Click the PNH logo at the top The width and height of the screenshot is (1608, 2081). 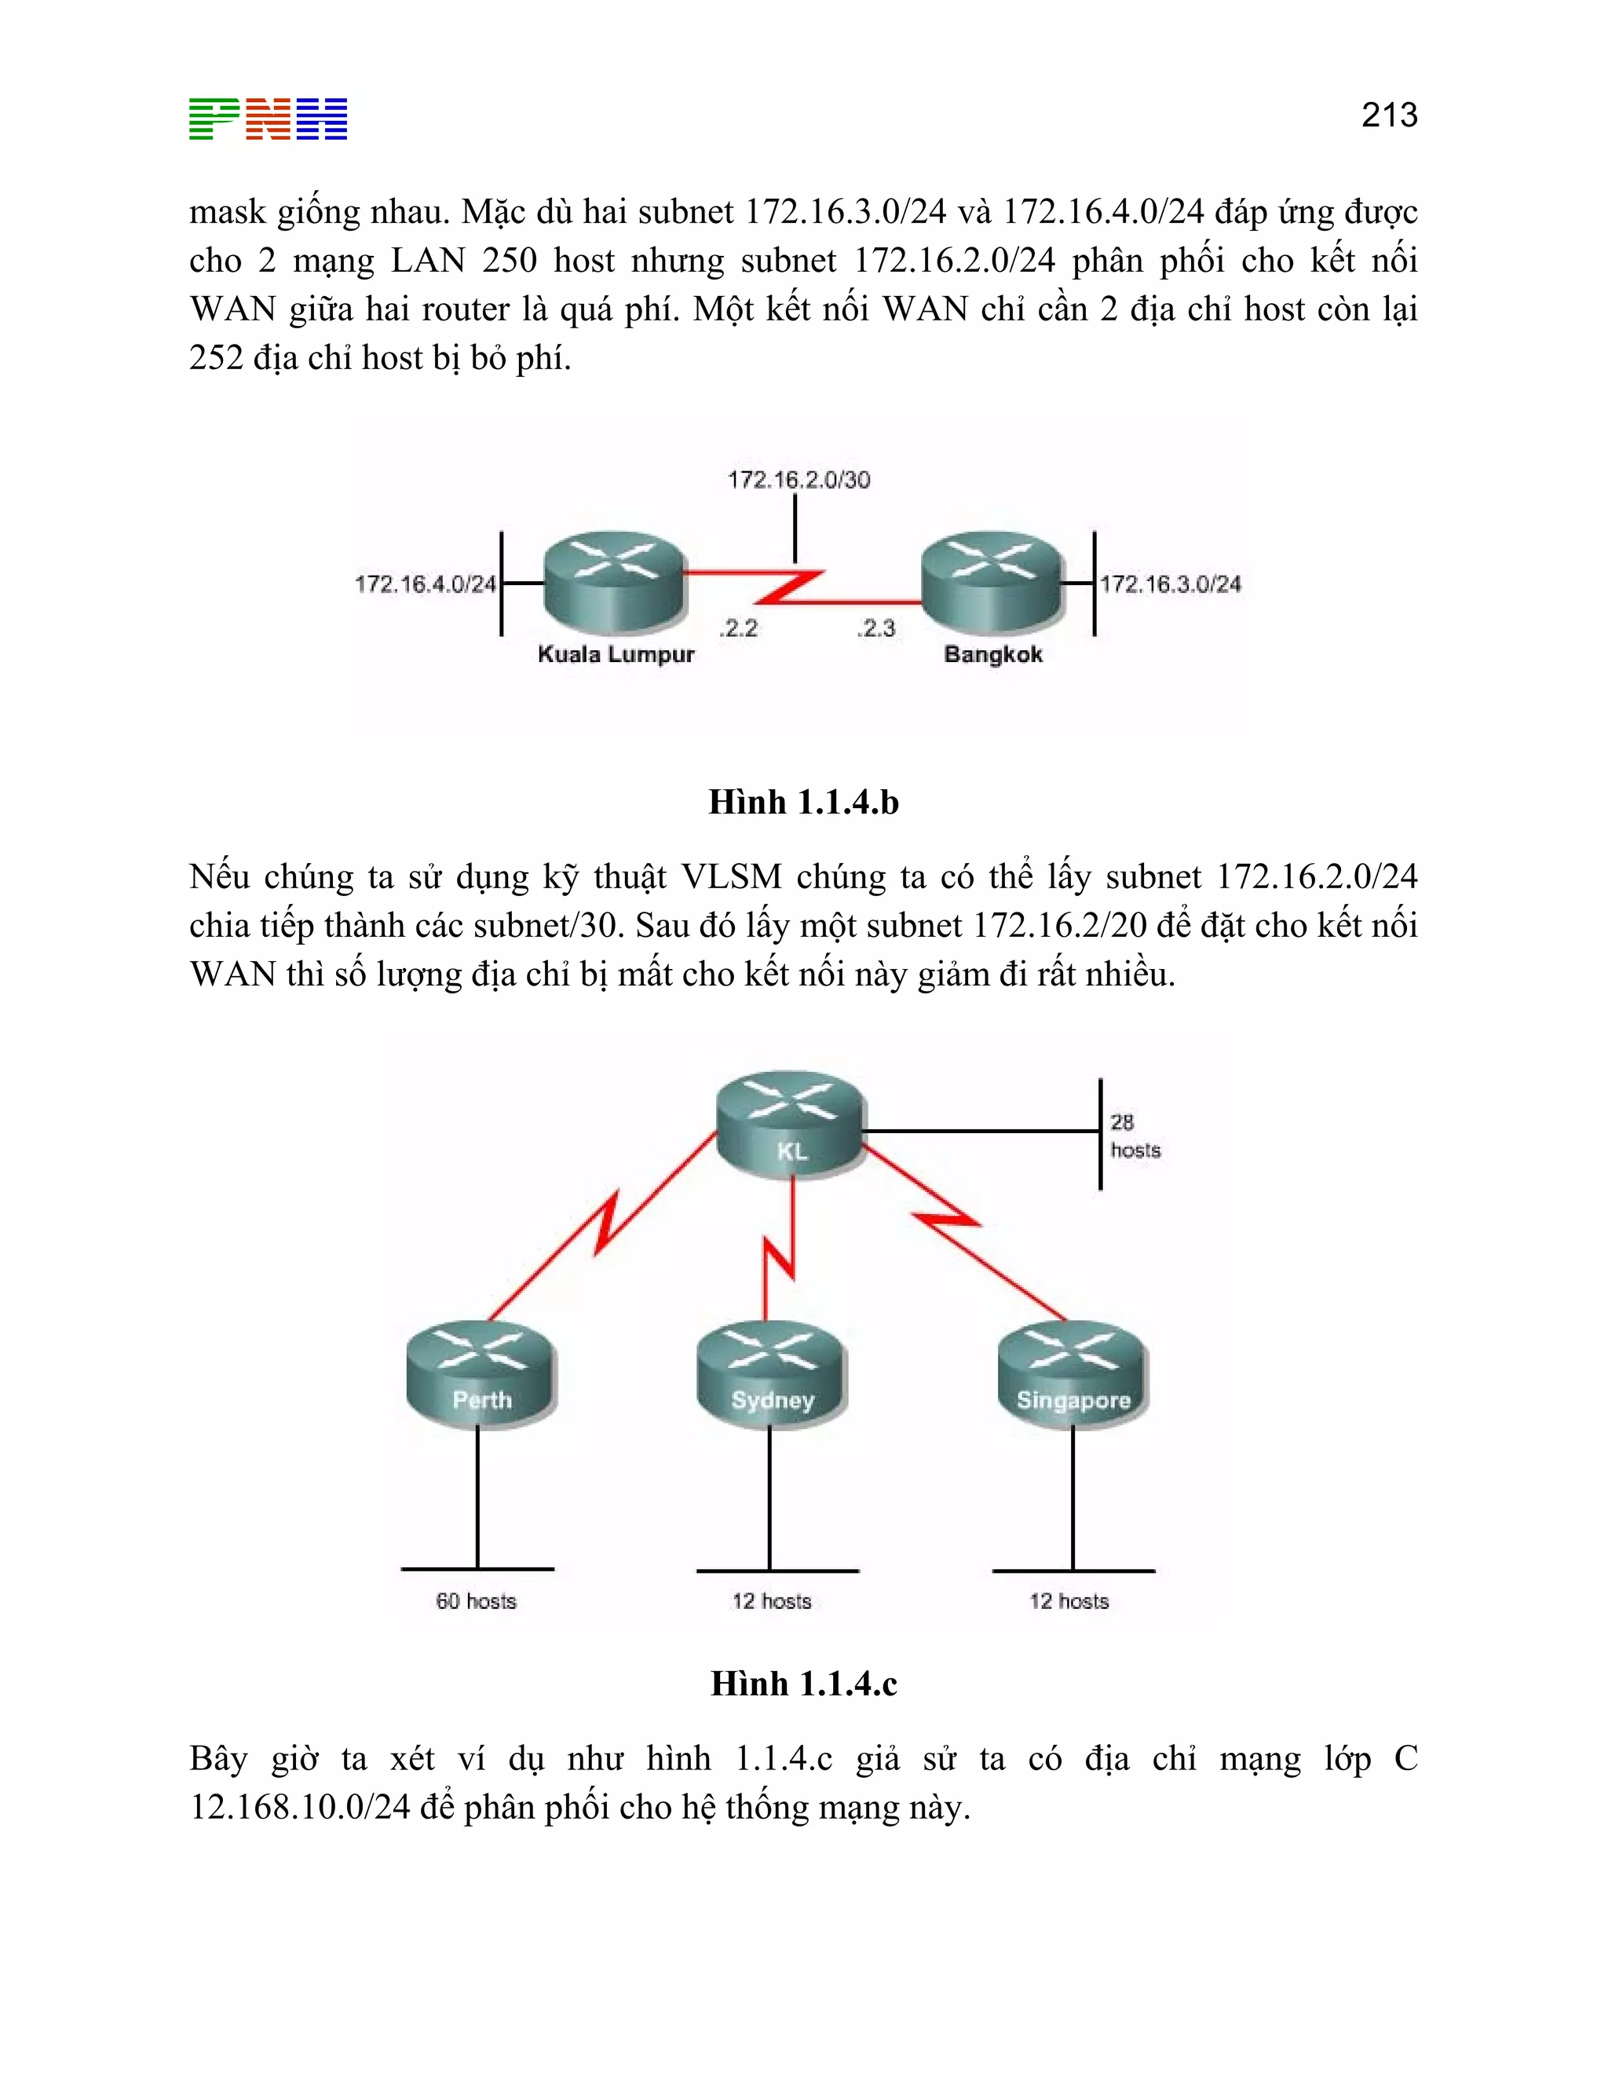[268, 119]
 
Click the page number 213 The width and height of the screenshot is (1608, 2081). [1389, 115]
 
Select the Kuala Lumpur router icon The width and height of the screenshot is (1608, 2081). [615, 581]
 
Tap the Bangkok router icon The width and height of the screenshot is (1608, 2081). [992, 581]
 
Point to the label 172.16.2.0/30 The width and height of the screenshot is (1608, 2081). [799, 479]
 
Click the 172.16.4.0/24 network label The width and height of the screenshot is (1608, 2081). [425, 584]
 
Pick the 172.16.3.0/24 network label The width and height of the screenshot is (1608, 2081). [1171, 584]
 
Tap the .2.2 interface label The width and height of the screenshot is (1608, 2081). [738, 628]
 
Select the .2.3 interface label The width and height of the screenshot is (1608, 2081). [875, 628]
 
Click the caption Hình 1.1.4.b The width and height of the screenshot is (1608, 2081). [803, 803]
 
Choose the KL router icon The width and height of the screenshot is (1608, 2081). [791, 1125]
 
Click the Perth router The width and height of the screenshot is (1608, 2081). [481, 1375]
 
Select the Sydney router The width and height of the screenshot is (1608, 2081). [772, 1375]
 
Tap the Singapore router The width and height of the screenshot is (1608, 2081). [1073, 1375]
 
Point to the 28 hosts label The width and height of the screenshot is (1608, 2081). [1135, 1136]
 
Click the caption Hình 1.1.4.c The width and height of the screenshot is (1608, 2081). [803, 1684]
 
